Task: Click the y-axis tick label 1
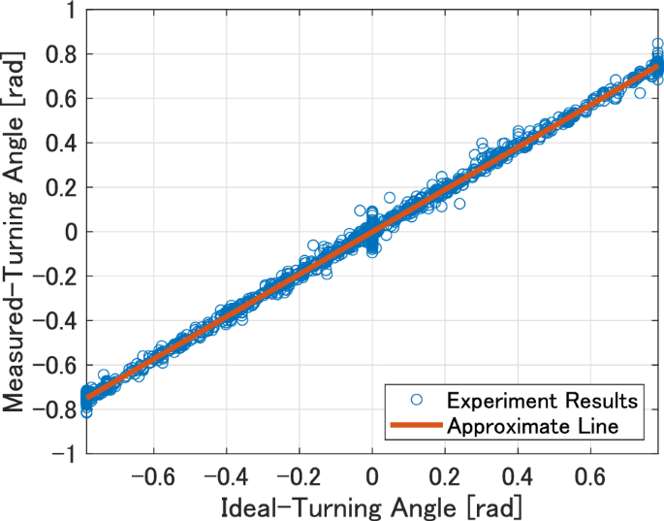click(x=68, y=10)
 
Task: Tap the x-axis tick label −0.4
click(x=226, y=478)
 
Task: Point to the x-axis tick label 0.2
click(x=445, y=478)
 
